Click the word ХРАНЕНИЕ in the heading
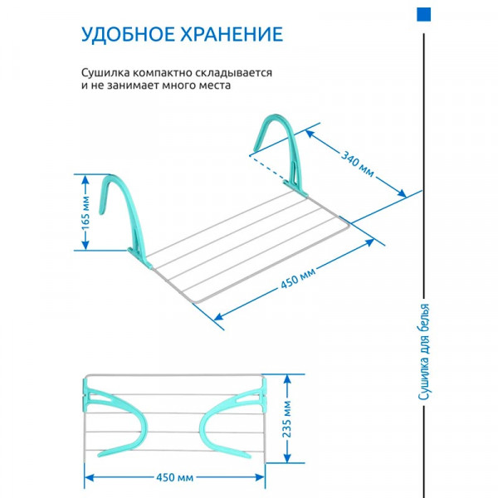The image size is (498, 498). [x=232, y=34]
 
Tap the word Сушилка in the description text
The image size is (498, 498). [x=105, y=73]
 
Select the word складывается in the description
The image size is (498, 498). [x=233, y=73]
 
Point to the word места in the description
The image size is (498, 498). [x=215, y=85]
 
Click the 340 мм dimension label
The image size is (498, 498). [x=358, y=164]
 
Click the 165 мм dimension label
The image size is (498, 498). [x=85, y=212]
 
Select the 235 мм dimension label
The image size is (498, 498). [x=287, y=419]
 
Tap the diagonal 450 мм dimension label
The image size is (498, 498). [x=298, y=279]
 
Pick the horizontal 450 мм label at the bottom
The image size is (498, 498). [x=174, y=477]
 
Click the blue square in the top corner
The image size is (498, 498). [x=423, y=15]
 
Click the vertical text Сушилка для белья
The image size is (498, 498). [x=423, y=352]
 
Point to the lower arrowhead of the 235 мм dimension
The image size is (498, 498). [x=287, y=457]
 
